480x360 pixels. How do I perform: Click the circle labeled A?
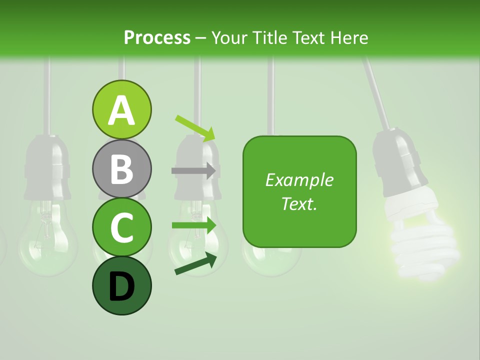(121, 109)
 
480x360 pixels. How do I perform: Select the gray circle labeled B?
(121, 168)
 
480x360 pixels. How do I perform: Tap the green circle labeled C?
(121, 227)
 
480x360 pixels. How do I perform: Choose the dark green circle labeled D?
(121, 286)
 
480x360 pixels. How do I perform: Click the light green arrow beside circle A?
(195, 128)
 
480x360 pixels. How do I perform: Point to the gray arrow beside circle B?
(193, 170)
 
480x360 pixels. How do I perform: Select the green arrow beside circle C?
(193, 225)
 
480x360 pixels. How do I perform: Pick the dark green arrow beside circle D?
(195, 264)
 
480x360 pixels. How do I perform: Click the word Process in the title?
(157, 37)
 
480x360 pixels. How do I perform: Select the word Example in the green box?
(299, 180)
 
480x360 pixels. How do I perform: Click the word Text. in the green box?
(299, 203)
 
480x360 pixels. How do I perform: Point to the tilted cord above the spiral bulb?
(377, 95)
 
